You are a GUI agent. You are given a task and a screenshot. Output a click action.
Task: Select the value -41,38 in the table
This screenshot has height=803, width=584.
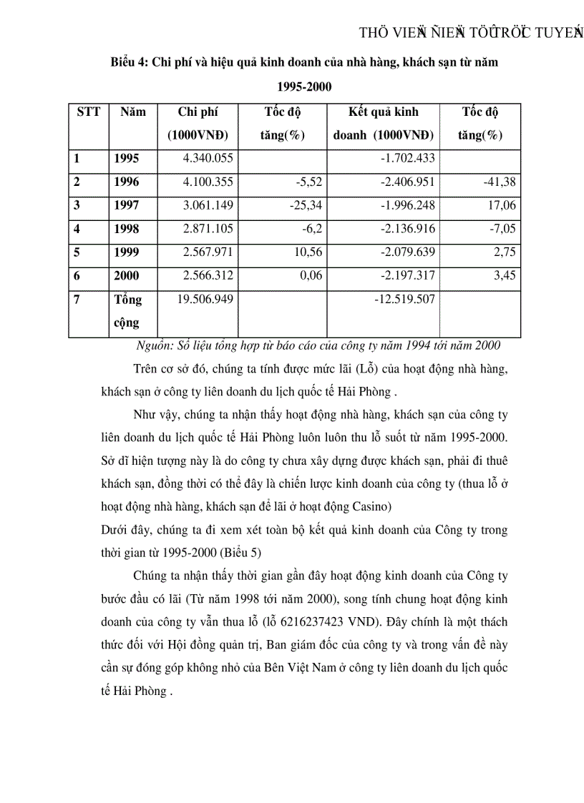[x=499, y=182]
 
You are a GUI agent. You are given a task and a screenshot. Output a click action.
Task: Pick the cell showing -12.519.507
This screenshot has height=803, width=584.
[x=404, y=299]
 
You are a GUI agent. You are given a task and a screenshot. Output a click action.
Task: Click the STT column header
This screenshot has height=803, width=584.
[x=88, y=112]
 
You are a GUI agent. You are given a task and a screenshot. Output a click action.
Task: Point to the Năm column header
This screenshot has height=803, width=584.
[x=132, y=112]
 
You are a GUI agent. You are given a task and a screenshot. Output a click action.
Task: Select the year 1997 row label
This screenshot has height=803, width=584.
[x=127, y=206]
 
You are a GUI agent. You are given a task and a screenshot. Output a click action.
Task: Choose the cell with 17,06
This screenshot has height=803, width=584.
[x=500, y=206]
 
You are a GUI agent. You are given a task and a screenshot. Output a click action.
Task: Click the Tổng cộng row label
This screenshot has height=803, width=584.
[x=128, y=311]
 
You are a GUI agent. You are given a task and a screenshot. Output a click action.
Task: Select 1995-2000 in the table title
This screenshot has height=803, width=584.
[x=304, y=86]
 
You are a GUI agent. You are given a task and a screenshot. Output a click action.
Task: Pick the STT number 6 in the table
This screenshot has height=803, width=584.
[x=77, y=276]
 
